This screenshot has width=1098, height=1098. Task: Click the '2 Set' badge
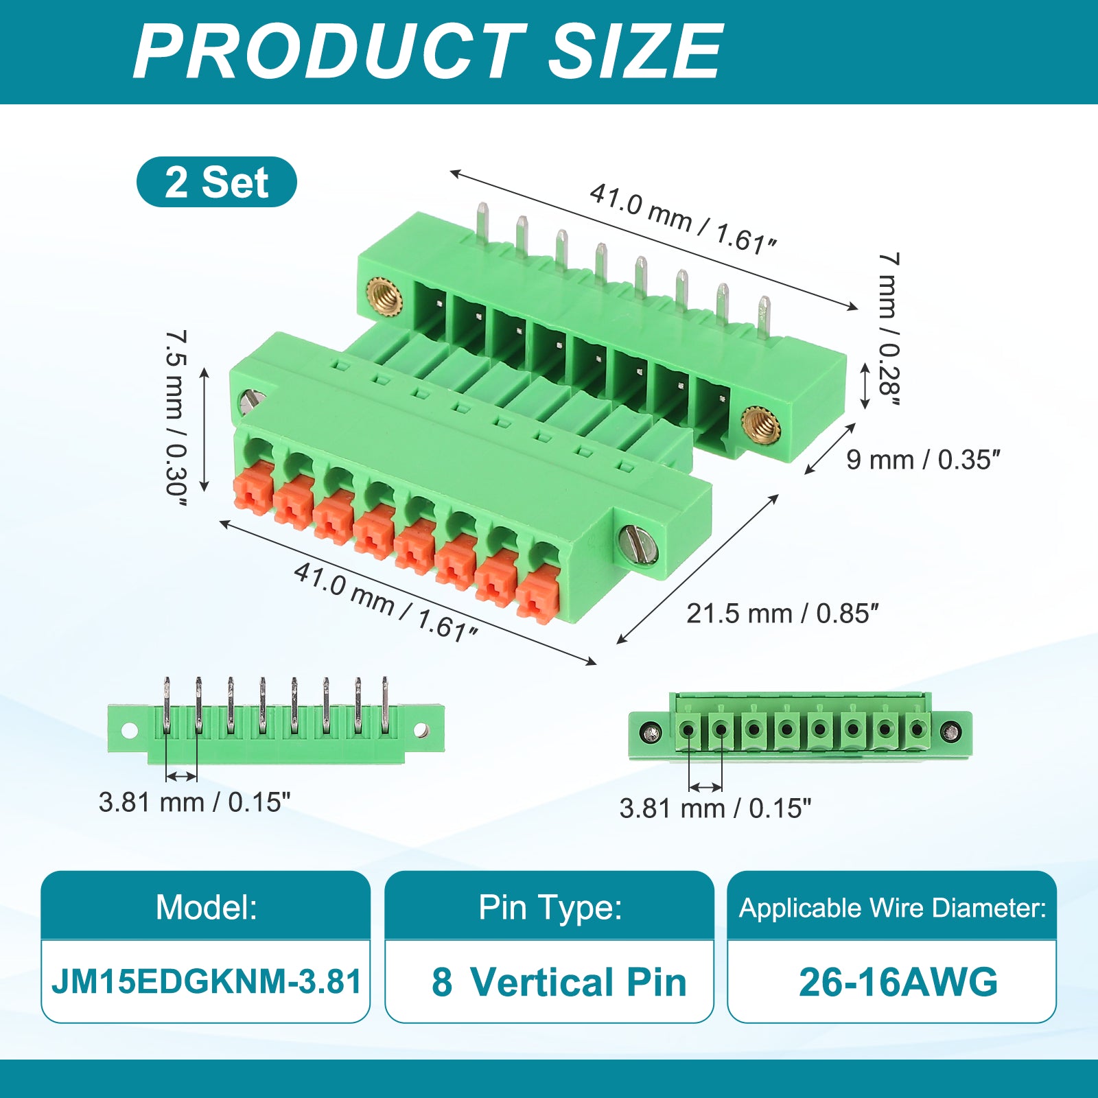pyautogui.click(x=217, y=182)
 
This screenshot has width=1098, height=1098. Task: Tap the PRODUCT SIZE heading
pyautogui.click(x=428, y=51)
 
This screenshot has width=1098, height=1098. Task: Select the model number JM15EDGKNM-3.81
pyautogui.click(x=206, y=981)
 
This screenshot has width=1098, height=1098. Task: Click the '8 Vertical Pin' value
pyautogui.click(x=559, y=982)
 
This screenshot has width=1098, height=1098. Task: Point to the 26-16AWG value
pyautogui.click(x=898, y=982)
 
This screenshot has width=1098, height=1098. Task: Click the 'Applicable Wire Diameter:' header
pyautogui.click(x=892, y=908)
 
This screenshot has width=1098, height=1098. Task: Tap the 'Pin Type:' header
pyautogui.click(x=550, y=907)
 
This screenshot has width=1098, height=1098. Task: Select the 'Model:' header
pyautogui.click(x=206, y=907)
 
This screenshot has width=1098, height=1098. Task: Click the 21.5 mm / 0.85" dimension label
pyautogui.click(x=782, y=614)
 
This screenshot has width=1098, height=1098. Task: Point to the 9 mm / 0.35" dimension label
pyautogui.click(x=923, y=460)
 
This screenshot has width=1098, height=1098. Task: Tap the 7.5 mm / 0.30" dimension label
pyautogui.click(x=176, y=418)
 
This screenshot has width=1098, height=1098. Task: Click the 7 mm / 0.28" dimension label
pyautogui.click(x=889, y=330)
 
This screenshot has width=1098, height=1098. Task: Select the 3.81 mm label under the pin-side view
pyautogui.click(x=194, y=802)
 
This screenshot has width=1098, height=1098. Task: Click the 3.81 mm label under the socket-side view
pyautogui.click(x=715, y=808)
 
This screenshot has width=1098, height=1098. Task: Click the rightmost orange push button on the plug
pyautogui.click(x=537, y=594)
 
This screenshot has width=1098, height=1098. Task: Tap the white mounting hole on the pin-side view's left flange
pyautogui.click(x=129, y=730)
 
